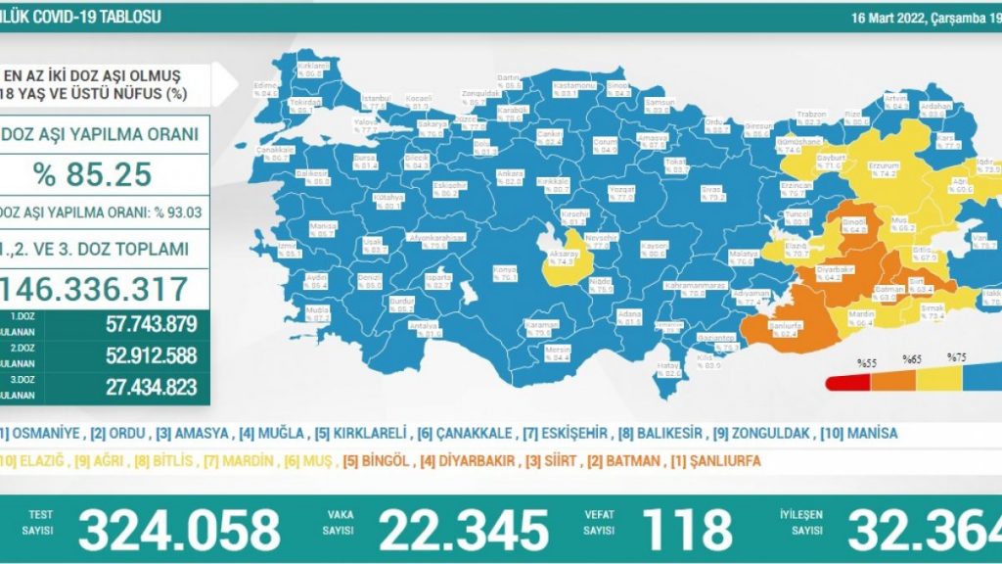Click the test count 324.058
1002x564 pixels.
[x=179, y=529]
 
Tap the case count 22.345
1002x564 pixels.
[x=464, y=529]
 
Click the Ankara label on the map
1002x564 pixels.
[x=509, y=173]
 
